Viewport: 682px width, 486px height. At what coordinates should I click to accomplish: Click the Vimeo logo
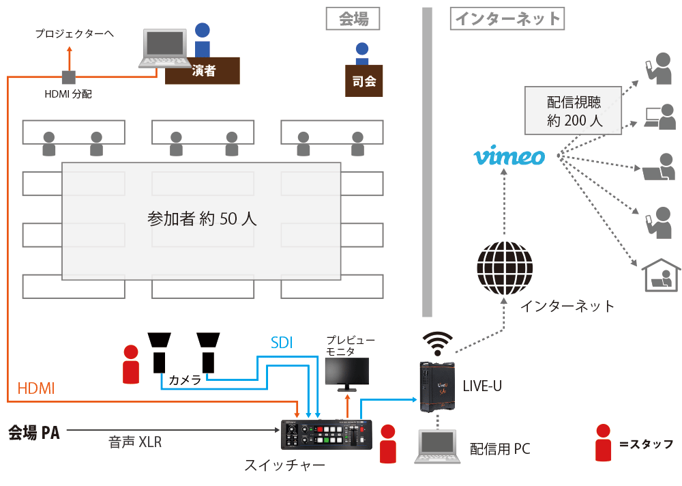[509, 156]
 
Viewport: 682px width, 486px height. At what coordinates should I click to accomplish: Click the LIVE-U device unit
[438, 387]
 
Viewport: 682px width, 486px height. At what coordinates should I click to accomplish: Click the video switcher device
[327, 435]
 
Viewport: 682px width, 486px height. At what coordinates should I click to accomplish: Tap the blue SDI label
[282, 343]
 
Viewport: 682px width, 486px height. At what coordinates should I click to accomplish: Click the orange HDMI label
[36, 388]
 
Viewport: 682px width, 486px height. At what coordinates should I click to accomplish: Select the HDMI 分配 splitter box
[68, 76]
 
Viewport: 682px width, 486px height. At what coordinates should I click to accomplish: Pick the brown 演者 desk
[203, 70]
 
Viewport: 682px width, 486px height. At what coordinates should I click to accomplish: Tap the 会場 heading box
[353, 18]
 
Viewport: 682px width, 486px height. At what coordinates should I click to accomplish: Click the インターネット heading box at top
[507, 18]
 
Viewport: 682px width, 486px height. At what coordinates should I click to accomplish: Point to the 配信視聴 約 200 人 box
[574, 111]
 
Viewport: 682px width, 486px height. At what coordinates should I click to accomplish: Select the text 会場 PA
[33, 431]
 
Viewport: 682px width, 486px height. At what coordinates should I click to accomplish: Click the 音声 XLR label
[135, 442]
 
